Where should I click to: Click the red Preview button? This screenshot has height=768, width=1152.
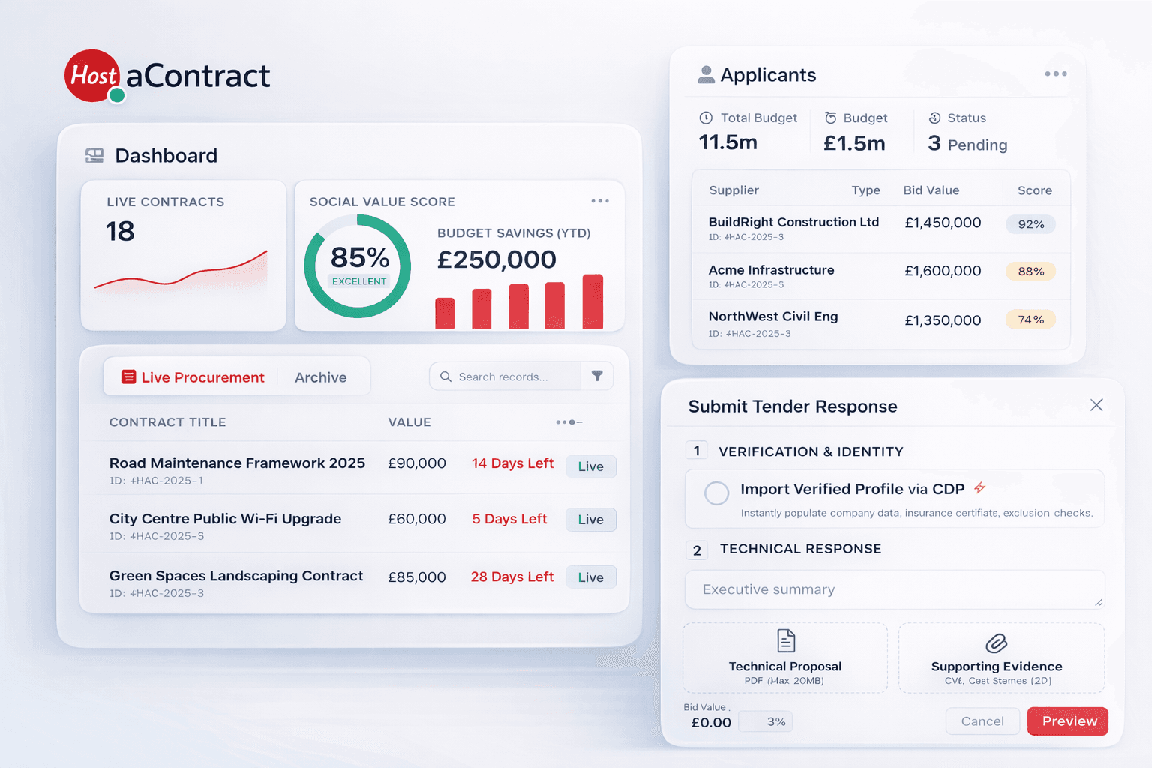[x=1067, y=721]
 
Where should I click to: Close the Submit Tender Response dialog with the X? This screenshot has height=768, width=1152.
[x=1096, y=405]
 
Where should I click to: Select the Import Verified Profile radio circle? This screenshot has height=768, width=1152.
[x=716, y=493]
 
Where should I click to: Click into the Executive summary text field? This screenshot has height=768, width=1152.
[x=894, y=589]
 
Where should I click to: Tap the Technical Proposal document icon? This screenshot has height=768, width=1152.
[x=785, y=641]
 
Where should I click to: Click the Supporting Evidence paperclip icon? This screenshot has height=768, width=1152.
[x=996, y=643]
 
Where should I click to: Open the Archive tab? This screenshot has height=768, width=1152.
[x=320, y=377]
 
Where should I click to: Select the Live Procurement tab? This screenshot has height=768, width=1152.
[x=193, y=377]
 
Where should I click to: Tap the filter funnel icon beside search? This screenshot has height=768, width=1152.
[x=597, y=376]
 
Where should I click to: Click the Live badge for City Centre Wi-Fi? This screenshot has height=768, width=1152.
[x=590, y=520]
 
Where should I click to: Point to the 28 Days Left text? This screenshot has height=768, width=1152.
[x=511, y=577]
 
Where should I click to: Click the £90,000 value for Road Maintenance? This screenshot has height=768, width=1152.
[x=416, y=463]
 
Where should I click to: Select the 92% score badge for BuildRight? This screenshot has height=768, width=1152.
[x=1030, y=224]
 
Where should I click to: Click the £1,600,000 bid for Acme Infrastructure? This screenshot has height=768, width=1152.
[x=943, y=271]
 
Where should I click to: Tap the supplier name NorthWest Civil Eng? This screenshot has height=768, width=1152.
[x=772, y=316]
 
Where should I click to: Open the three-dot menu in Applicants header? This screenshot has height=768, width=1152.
[x=1055, y=73]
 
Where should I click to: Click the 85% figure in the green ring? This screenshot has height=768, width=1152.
[x=359, y=258]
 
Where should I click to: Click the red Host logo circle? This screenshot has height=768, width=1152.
[x=92, y=76]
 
